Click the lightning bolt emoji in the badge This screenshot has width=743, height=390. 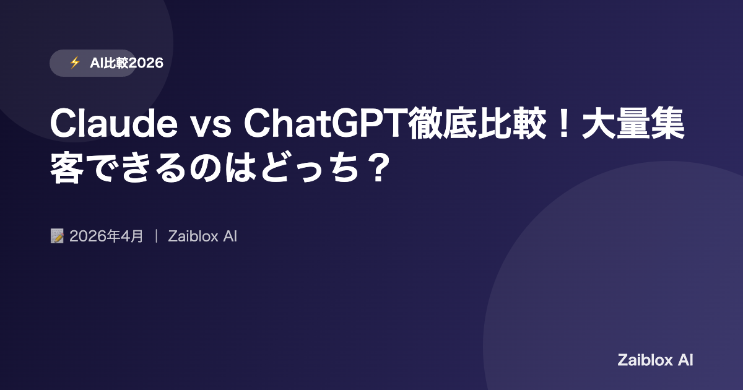click(75, 63)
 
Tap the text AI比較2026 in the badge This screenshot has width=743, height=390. click(126, 63)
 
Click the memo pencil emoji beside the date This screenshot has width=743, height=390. click(57, 236)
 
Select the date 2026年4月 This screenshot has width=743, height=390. click(106, 236)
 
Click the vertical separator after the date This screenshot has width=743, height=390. click(156, 236)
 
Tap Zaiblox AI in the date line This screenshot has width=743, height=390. click(202, 236)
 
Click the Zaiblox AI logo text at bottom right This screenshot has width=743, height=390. click(655, 360)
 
